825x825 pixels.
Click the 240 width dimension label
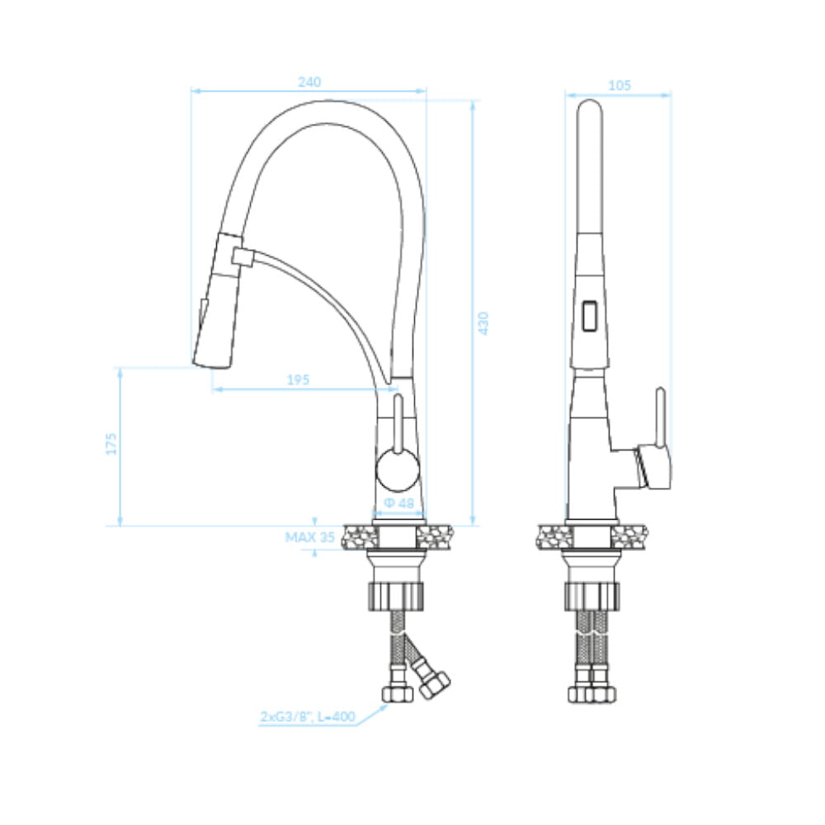click(x=309, y=82)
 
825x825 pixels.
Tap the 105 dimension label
click(x=620, y=85)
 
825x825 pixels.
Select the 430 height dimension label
click(x=483, y=323)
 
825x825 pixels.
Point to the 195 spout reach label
click(x=298, y=379)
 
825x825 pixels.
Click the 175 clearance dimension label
click(x=111, y=444)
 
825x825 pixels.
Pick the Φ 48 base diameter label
click(x=399, y=503)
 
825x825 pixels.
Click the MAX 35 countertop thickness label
click(x=310, y=537)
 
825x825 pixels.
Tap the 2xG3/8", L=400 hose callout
click(x=308, y=716)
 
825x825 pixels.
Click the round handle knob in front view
click(x=398, y=470)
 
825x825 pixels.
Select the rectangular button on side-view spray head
click(x=590, y=316)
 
